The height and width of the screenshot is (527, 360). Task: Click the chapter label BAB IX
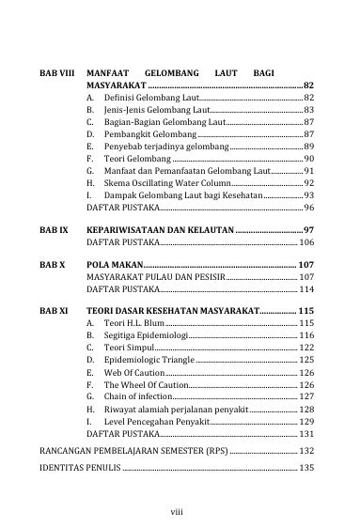pos(52,229)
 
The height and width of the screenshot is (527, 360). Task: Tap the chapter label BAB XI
pos(52,309)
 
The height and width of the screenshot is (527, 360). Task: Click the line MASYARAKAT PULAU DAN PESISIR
pos(155,278)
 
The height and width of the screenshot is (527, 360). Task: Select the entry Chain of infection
pos(132,397)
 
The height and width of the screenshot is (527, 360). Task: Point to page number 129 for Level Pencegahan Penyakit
pos(305,423)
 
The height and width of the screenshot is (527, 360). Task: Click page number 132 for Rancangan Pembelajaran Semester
pos(305,452)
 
